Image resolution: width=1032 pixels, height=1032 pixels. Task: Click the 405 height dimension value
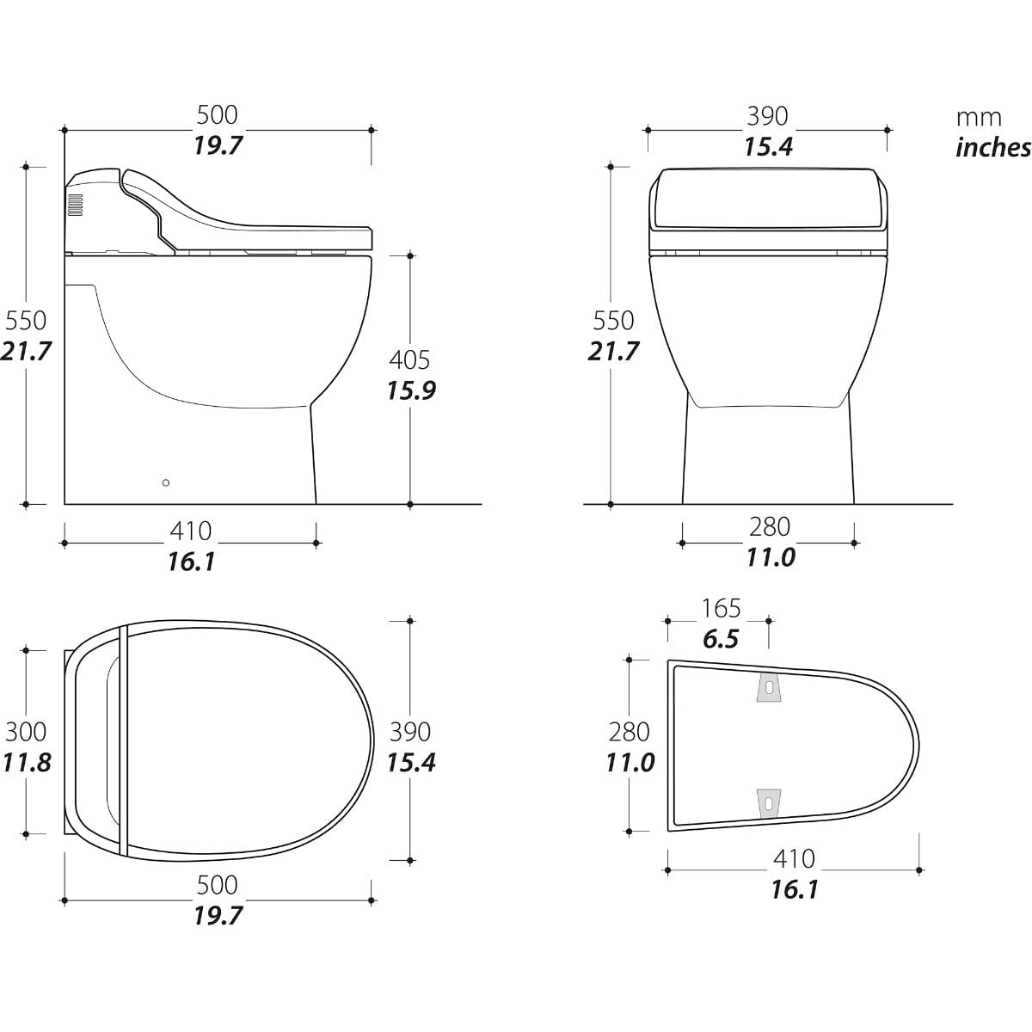click(x=409, y=359)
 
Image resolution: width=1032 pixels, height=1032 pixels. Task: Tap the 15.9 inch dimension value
click(x=411, y=391)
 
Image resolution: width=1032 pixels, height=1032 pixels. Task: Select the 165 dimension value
click(x=721, y=608)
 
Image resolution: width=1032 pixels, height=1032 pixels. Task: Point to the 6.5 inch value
click(x=721, y=639)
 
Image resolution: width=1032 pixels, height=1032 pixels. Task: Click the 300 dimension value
click(x=26, y=732)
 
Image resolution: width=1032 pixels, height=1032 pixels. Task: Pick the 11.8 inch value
click(x=27, y=763)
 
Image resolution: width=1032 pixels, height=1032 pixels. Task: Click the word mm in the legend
click(x=979, y=118)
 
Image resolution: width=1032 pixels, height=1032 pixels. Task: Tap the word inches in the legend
click(x=993, y=148)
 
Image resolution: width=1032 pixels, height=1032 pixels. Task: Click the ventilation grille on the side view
click(x=76, y=206)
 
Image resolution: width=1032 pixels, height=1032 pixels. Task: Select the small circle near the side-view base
click(x=166, y=482)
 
